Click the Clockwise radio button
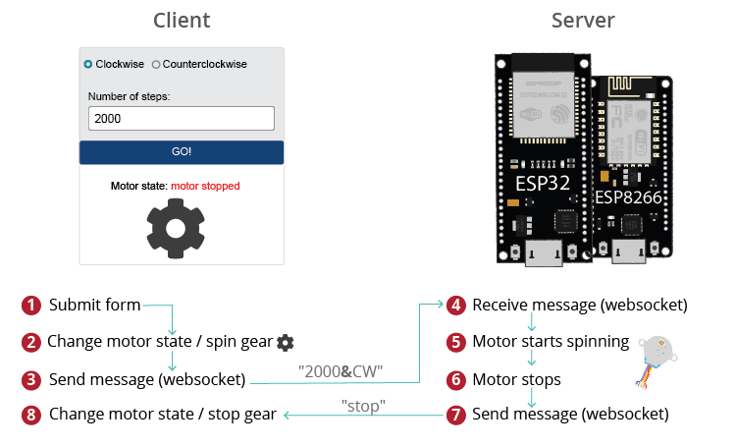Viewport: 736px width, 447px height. click(88, 64)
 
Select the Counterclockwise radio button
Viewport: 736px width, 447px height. click(156, 64)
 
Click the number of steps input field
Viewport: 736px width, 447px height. click(181, 118)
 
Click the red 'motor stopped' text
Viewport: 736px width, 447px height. click(205, 186)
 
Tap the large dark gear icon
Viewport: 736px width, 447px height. click(176, 227)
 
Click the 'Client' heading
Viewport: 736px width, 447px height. click(182, 21)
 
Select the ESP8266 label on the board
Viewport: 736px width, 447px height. click(629, 196)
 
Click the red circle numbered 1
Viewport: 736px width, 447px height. click(31, 305)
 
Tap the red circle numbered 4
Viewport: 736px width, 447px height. click(455, 305)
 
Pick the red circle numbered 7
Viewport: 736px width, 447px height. click(455, 415)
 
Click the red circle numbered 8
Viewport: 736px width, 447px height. click(31, 415)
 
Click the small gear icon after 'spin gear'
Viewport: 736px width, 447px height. click(285, 342)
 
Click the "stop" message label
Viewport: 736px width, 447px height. click(363, 404)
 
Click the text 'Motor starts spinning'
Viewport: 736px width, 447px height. click(551, 342)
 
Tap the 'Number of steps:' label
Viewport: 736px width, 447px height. click(129, 96)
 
